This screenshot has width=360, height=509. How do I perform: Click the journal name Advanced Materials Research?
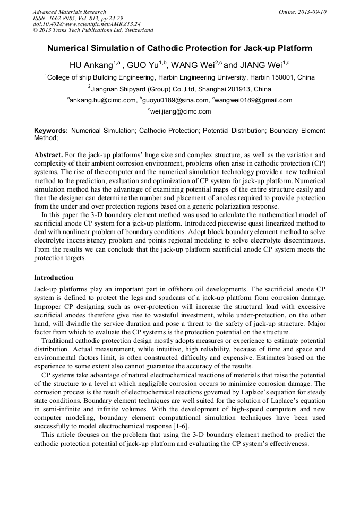point(69,12)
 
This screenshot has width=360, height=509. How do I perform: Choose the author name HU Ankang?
point(91,65)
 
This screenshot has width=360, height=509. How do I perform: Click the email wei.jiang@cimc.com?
point(181,111)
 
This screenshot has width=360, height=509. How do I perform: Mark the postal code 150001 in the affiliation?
point(286,77)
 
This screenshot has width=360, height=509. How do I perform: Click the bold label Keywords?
point(51,130)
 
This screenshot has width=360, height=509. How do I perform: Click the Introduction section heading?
point(54,278)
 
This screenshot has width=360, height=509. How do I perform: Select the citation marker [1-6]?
point(178,426)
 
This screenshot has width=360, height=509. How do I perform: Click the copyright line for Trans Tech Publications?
point(93,30)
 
